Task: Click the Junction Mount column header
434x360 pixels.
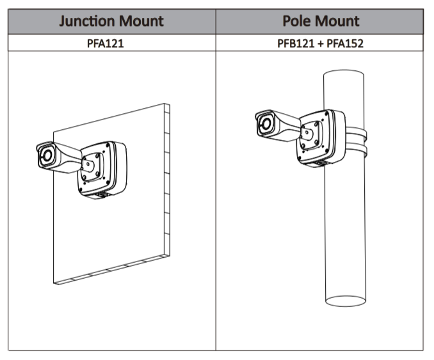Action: click(x=111, y=21)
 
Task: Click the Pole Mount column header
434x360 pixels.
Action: click(x=321, y=21)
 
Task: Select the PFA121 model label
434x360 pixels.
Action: click(x=111, y=44)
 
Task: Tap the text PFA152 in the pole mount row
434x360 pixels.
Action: click(x=346, y=44)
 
